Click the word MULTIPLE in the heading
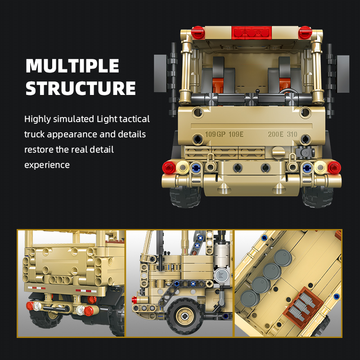(72, 66)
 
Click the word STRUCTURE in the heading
(81, 88)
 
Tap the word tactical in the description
(135, 119)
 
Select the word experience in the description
(47, 165)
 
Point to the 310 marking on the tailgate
(292, 134)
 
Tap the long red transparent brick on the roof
(252, 32)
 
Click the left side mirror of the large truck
(160, 73)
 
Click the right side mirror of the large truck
(343, 74)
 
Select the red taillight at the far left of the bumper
(169, 167)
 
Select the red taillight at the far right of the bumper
(334, 167)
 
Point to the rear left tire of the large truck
(185, 197)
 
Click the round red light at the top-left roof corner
(198, 32)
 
